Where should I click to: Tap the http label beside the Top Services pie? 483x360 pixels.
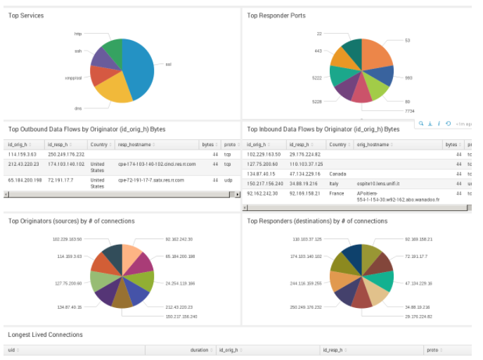tap(78, 33)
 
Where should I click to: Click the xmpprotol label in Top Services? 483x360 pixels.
tap(73, 77)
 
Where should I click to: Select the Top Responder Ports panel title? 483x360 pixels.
tap(276, 15)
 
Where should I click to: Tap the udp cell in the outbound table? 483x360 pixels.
tap(228, 180)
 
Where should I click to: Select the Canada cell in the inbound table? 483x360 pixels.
tap(336, 173)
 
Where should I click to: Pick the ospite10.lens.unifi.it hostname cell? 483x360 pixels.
tap(378, 183)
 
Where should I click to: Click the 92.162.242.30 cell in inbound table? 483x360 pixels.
tap(264, 193)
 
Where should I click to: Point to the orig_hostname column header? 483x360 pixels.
tap(373, 144)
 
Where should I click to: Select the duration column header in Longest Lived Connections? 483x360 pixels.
tap(199, 349)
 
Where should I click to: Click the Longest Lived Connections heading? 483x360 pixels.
tap(45, 335)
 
